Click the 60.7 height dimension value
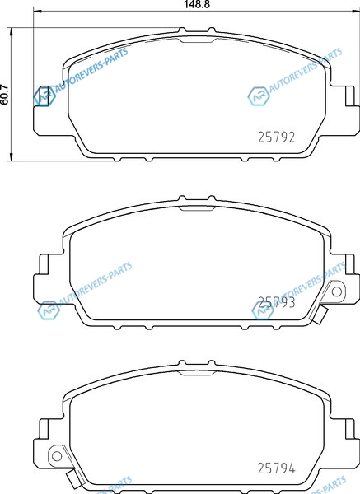4,94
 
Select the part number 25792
277,137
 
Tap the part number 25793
277,302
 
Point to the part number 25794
277,468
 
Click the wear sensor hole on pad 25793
337,291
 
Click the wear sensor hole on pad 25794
57,455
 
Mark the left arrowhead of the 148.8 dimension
37,12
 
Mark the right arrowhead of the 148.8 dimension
356,12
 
